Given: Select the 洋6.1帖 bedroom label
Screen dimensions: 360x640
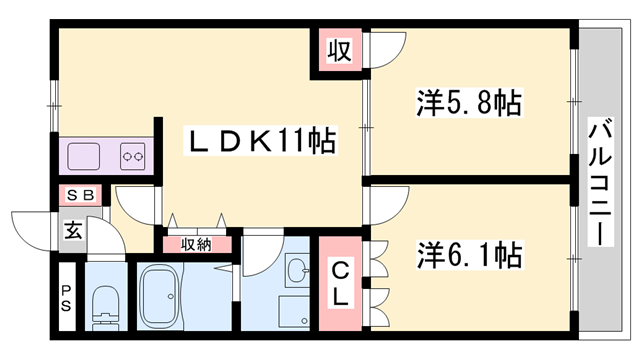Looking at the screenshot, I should pyautogui.click(x=469, y=254).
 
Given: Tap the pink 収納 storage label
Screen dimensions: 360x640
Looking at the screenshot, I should pyautogui.click(x=196, y=243).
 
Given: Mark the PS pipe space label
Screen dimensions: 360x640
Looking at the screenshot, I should pyautogui.click(x=66, y=297).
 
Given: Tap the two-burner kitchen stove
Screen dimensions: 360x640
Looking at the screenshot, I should pyautogui.click(x=134, y=155).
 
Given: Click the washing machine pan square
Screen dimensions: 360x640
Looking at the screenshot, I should pyautogui.click(x=296, y=311).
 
